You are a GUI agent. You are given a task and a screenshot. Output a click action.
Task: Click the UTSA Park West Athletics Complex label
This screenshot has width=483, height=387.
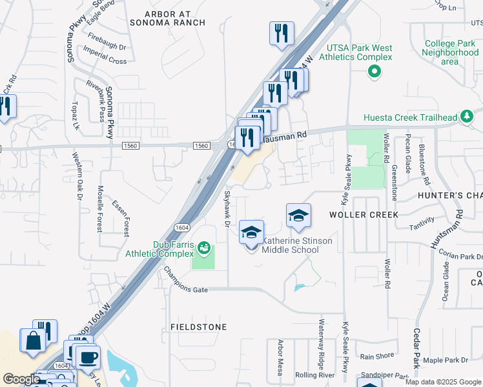coord(359,52)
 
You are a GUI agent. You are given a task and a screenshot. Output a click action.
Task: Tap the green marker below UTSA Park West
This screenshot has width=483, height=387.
coord(373,72)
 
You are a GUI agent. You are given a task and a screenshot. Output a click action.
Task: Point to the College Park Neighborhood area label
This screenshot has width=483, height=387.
coord(450,52)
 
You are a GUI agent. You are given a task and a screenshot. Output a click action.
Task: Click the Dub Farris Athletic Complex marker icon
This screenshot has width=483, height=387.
coord(204,246)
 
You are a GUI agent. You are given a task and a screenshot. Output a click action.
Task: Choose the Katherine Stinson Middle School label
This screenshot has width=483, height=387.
coord(298,245)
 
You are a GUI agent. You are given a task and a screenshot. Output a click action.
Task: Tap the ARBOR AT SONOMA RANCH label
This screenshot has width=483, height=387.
coord(167,18)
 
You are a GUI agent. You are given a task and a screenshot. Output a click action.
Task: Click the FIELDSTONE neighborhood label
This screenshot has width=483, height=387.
coord(198,327)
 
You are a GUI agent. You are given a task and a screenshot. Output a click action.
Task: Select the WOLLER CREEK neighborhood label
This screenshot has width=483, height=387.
coord(364,213)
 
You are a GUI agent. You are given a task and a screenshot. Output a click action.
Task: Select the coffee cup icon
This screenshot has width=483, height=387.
coord(87,356)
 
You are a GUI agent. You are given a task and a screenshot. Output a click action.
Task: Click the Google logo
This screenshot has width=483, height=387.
coord(21,379)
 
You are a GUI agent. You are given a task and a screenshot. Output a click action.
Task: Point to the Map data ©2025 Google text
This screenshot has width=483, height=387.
coord(442,382)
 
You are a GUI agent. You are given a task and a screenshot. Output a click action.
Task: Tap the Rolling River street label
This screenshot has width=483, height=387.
coord(314,375)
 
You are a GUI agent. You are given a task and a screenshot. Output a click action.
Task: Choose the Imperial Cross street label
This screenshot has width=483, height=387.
coord(105,61)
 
